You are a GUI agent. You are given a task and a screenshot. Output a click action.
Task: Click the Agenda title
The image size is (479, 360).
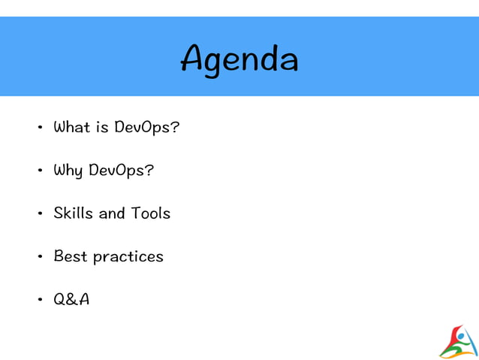[239, 59]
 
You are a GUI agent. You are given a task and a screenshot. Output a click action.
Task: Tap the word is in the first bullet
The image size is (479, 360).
[103, 127]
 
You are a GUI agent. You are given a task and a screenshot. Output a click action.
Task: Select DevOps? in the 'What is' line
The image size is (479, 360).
[147, 127]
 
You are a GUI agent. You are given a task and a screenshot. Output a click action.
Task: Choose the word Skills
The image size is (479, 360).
[73, 213]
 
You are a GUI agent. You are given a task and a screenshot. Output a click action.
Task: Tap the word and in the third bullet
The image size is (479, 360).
[112, 213]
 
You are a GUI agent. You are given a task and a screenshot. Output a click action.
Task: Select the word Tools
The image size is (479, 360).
[151, 213]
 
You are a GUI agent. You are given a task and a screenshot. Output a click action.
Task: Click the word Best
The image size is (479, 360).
[71, 256]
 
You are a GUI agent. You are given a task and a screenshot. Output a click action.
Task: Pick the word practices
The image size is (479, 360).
[128, 257]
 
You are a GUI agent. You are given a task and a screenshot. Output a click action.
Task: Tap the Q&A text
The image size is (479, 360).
[71, 299]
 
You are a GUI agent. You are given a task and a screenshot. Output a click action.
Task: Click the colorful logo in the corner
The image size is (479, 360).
[458, 342]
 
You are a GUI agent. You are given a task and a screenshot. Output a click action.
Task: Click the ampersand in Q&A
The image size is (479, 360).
[71, 300]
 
